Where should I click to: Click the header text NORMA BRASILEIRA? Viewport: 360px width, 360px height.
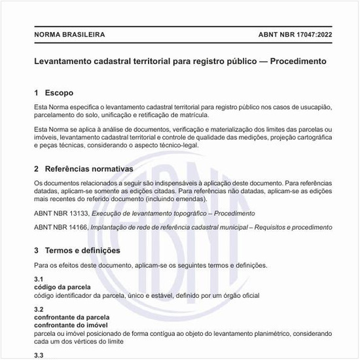[x=69, y=35]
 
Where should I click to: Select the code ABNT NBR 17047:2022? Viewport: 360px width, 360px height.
[x=291, y=35]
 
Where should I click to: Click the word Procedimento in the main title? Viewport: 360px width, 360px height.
[x=293, y=61]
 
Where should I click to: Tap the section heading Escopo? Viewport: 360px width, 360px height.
[x=58, y=93]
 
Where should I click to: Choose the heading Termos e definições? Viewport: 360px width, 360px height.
[x=82, y=251]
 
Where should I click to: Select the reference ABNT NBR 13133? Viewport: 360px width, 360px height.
[x=60, y=213]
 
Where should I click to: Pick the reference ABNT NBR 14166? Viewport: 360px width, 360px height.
[x=60, y=227]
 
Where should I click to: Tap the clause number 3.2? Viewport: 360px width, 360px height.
[x=39, y=309]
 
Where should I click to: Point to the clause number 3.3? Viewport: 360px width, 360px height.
[x=39, y=355]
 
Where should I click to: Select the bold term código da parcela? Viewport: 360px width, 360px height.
[x=62, y=287]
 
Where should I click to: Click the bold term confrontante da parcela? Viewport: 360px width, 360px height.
[x=71, y=317]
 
